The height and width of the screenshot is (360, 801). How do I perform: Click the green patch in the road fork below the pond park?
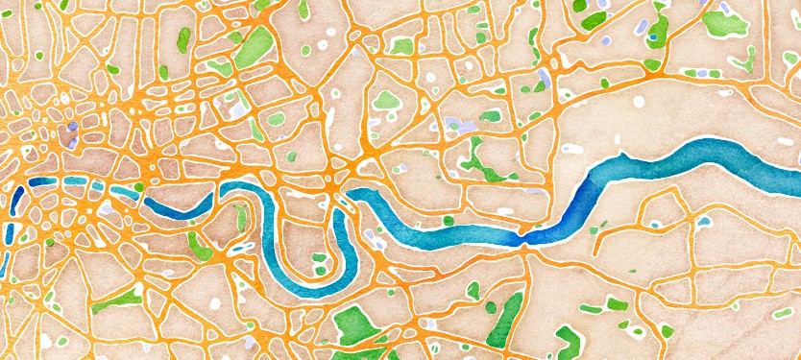coord(653,65)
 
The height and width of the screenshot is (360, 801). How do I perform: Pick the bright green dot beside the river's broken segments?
coord(138,187)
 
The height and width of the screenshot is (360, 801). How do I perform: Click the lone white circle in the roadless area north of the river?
coord(638,101)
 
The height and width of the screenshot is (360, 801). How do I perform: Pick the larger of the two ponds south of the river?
coord(706,222)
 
